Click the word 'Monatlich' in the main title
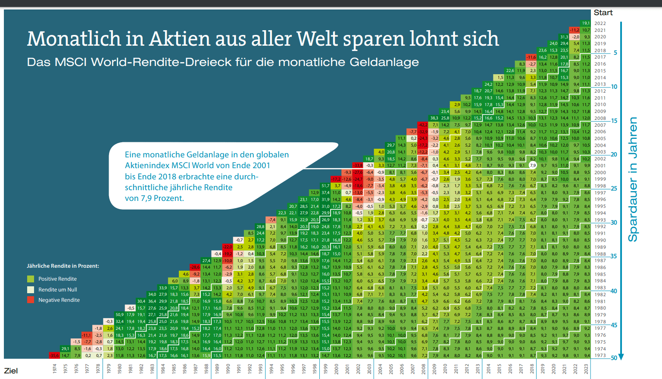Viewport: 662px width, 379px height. (73, 39)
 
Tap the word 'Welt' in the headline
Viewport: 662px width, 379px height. (318, 39)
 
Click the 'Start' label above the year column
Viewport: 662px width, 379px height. (603, 13)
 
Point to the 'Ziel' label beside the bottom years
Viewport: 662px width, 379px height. (11, 371)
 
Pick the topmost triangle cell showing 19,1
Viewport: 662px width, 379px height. (586, 23)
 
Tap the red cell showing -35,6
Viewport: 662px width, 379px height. (54, 356)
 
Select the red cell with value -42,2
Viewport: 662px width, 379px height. (423, 125)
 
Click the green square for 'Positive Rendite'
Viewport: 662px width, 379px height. (31, 279)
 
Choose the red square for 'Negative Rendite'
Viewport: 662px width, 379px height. (31, 300)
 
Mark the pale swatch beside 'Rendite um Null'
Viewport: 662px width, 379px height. (31, 290)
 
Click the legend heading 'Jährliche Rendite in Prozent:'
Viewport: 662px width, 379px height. (63, 266)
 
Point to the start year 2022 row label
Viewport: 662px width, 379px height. (600, 23)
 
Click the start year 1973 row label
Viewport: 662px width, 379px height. (600, 356)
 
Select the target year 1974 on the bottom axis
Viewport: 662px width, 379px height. (55, 369)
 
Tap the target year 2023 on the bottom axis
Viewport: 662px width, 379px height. (586, 369)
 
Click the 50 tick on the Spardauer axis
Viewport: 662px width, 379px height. (614, 358)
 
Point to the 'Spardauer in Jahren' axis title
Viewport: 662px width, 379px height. (633, 179)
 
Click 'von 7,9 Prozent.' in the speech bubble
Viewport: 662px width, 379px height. (154, 198)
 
